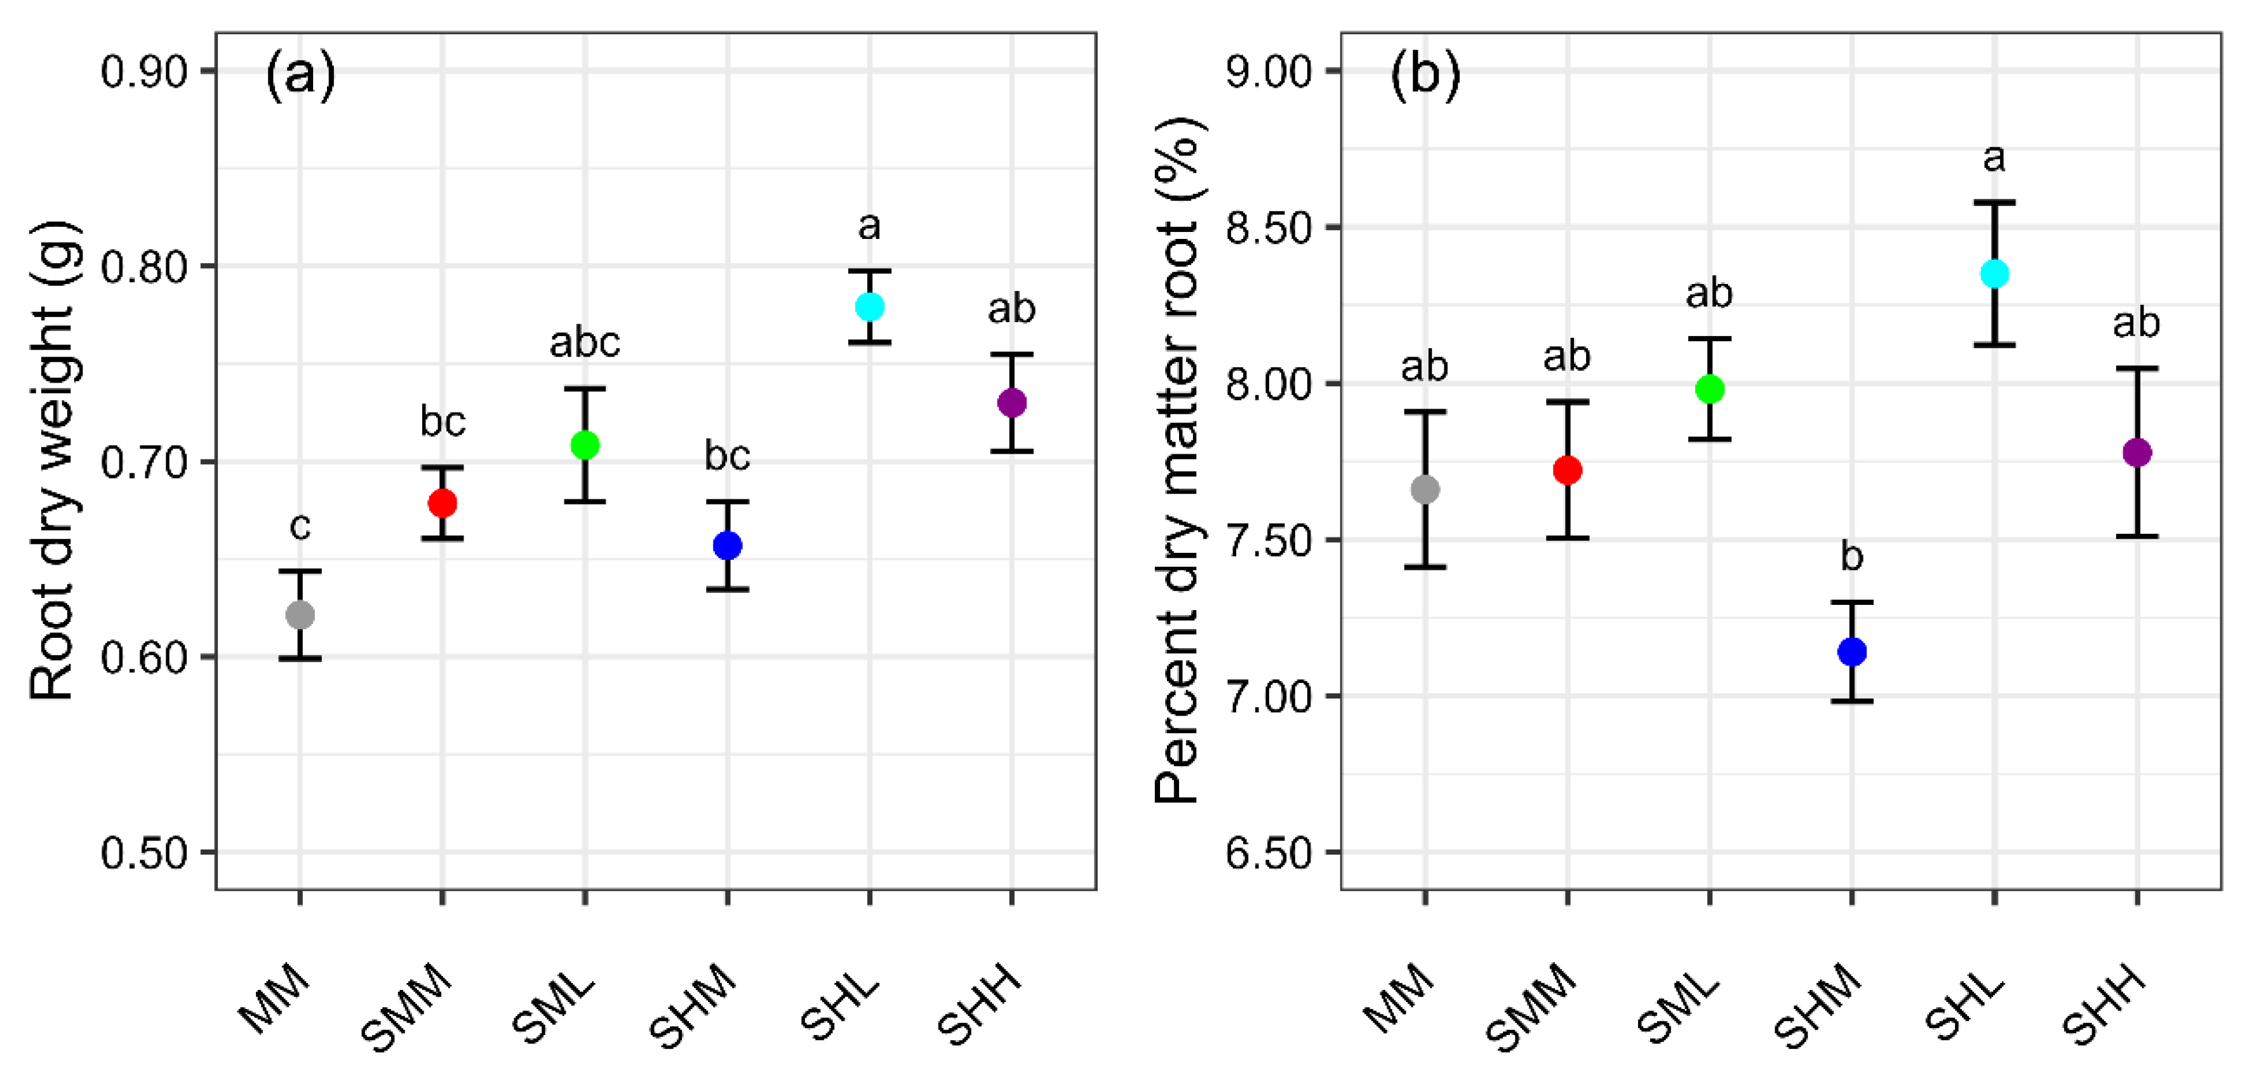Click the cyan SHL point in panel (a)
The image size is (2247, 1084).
click(x=870, y=306)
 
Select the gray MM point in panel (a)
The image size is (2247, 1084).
click(x=300, y=615)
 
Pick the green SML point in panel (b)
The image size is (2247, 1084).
click(x=1710, y=390)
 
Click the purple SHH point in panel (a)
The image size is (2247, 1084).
click(x=1012, y=403)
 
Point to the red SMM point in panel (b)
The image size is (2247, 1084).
click(x=1568, y=470)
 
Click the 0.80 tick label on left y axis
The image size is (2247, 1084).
click(x=145, y=266)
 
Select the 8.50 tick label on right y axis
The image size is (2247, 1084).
click(x=1270, y=228)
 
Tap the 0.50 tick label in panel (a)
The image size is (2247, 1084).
click(x=145, y=853)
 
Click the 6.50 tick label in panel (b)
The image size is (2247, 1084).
click(x=1270, y=853)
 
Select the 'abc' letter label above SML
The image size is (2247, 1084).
click(x=584, y=342)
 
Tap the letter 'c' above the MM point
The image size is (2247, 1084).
click(x=300, y=526)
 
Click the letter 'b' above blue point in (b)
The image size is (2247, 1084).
click(x=1851, y=556)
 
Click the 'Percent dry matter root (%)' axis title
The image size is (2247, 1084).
click(x=1178, y=461)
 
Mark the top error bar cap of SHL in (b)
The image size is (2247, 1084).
click(x=1994, y=203)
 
